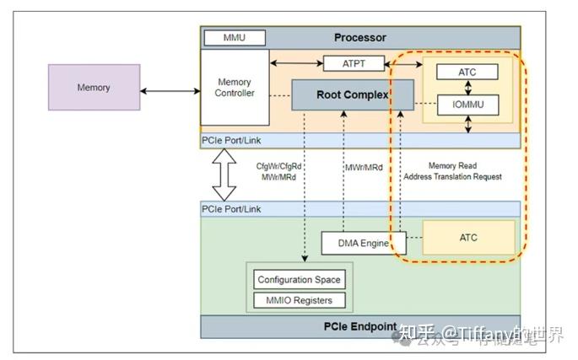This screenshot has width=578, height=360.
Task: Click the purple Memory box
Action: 94,89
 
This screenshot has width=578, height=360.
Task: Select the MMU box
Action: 234,38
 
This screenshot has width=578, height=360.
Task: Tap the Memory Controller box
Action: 234,88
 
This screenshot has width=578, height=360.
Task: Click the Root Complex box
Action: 353,94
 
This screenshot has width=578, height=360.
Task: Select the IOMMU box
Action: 467,105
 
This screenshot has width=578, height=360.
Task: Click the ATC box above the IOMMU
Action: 467,72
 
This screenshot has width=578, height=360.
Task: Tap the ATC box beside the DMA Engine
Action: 467,238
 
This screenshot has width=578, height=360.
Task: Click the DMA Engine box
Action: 356,243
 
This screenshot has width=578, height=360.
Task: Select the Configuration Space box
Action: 300,279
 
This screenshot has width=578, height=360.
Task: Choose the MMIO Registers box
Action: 300,300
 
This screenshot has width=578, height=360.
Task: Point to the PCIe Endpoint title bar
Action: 360,326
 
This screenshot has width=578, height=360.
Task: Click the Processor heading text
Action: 360,37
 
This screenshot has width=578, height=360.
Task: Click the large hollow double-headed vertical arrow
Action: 224,175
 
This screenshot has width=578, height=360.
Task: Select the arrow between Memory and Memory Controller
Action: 170,89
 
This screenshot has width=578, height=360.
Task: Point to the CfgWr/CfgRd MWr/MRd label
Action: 278,171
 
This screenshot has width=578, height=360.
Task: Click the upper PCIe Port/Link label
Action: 230,139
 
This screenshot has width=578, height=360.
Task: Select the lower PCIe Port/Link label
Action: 230,208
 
